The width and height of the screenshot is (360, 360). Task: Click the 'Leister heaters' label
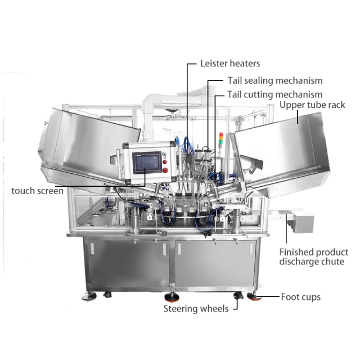[x=230, y=64]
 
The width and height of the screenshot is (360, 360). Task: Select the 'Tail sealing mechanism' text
[x=275, y=80]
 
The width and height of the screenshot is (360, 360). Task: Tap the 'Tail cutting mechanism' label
[x=275, y=94]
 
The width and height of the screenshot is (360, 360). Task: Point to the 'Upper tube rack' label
[x=312, y=105]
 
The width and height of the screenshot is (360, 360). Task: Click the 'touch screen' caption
[x=38, y=191]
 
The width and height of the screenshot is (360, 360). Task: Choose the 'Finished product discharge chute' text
[x=314, y=257]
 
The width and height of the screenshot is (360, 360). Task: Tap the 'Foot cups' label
[x=301, y=297]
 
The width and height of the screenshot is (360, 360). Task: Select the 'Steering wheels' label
[x=196, y=309]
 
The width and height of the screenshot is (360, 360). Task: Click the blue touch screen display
[x=146, y=163]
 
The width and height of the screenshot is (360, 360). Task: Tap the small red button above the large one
[x=165, y=161]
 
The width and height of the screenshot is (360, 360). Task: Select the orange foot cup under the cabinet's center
[x=172, y=298]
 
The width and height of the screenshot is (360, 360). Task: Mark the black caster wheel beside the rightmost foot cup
[x=238, y=296]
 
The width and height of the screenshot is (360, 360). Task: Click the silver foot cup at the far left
[x=89, y=296]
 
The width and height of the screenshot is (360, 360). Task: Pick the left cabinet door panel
[x=128, y=264]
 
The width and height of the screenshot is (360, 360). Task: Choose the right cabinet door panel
[x=215, y=264]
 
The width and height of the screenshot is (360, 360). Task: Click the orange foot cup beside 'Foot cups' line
[x=254, y=296]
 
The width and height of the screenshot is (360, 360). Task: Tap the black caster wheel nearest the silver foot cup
[x=107, y=295]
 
